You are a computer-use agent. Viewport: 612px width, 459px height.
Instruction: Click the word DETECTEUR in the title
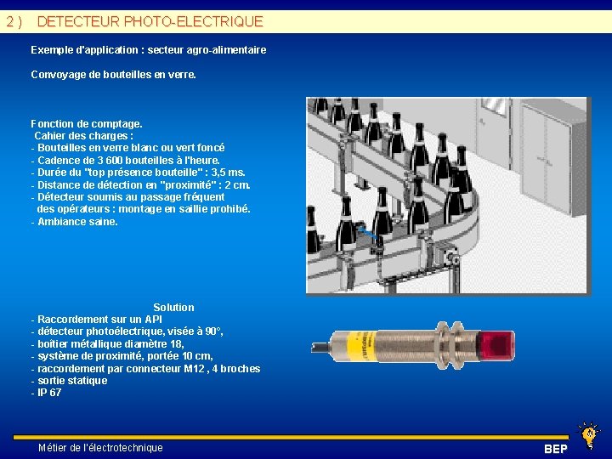78,21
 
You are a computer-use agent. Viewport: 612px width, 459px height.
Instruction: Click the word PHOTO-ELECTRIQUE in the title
194,21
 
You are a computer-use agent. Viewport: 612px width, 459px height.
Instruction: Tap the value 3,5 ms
229,173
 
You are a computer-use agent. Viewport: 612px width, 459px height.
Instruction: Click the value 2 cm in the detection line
237,185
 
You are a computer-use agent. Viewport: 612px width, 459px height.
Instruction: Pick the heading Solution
173,308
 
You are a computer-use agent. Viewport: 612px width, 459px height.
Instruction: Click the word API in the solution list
153,320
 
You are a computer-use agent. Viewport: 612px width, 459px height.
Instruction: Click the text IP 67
49,393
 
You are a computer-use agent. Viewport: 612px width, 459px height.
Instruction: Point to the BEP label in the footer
555,449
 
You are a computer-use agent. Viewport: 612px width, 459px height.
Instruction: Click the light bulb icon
589,435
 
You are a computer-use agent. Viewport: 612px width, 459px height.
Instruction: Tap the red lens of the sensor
497,345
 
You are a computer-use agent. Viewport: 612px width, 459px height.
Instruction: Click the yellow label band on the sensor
361,346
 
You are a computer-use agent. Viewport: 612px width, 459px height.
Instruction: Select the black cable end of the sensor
320,347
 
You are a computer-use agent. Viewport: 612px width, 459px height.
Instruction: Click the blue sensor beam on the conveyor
367,233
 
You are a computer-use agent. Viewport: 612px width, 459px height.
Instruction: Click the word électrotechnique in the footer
126,448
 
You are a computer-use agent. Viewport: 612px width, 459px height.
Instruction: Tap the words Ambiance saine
77,222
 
